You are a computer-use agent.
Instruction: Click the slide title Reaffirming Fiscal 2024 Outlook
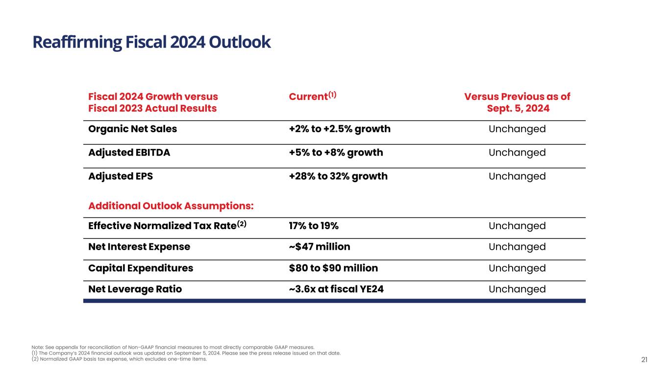tap(151, 43)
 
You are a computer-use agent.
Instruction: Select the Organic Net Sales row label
tap(132, 129)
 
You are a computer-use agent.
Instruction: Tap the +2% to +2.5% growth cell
tap(340, 129)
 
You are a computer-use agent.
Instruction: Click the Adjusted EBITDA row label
tap(129, 153)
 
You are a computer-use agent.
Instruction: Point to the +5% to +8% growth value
tap(336, 153)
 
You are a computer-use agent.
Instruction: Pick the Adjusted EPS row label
tap(121, 176)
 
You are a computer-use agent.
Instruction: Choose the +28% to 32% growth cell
tap(338, 176)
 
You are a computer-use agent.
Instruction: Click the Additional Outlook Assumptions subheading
tap(171, 206)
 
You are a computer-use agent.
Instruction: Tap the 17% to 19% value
tap(314, 226)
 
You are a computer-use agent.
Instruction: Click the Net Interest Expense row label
tap(139, 247)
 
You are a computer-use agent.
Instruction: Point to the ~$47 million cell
tap(320, 247)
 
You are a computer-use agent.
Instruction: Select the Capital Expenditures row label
tap(141, 268)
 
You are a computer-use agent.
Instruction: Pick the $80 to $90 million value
tap(333, 268)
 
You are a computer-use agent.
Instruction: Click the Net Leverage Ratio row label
tap(135, 289)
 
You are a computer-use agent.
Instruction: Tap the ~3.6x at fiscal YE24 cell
tap(336, 289)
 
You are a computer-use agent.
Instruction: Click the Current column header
tap(312, 96)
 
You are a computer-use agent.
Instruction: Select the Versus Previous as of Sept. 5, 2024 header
tap(517, 102)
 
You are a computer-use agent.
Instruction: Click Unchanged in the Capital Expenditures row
tap(517, 268)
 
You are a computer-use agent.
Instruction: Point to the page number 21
tap(644, 360)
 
